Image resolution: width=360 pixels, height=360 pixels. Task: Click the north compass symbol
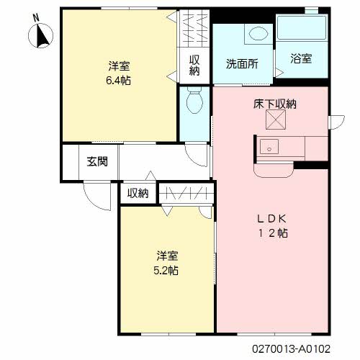click(x=41, y=35)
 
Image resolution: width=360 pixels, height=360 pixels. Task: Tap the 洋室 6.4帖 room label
click(x=119, y=73)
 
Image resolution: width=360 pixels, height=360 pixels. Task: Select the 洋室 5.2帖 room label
click(x=166, y=263)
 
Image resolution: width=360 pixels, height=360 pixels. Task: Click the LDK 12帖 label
click(x=272, y=226)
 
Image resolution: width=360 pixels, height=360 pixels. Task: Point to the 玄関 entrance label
click(x=97, y=161)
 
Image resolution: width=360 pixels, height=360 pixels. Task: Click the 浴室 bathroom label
click(x=301, y=58)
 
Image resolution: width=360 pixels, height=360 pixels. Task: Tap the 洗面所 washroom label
click(x=242, y=64)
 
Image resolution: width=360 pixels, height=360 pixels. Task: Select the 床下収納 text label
click(x=275, y=104)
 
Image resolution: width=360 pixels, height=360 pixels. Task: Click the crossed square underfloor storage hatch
click(x=276, y=120)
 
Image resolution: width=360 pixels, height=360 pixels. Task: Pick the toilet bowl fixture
click(x=194, y=101)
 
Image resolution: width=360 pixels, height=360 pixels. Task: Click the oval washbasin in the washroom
click(x=258, y=33)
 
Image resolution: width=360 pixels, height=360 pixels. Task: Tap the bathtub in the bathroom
click(x=302, y=28)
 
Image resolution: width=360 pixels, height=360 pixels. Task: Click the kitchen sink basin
click(x=269, y=147)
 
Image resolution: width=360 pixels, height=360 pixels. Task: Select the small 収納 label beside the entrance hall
click(x=138, y=193)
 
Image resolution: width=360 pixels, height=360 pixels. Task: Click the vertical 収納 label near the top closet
click(x=194, y=66)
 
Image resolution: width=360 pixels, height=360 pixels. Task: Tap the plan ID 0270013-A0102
click(x=291, y=348)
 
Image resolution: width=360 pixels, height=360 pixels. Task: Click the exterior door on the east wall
click(x=336, y=122)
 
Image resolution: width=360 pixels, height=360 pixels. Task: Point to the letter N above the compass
click(x=36, y=18)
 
